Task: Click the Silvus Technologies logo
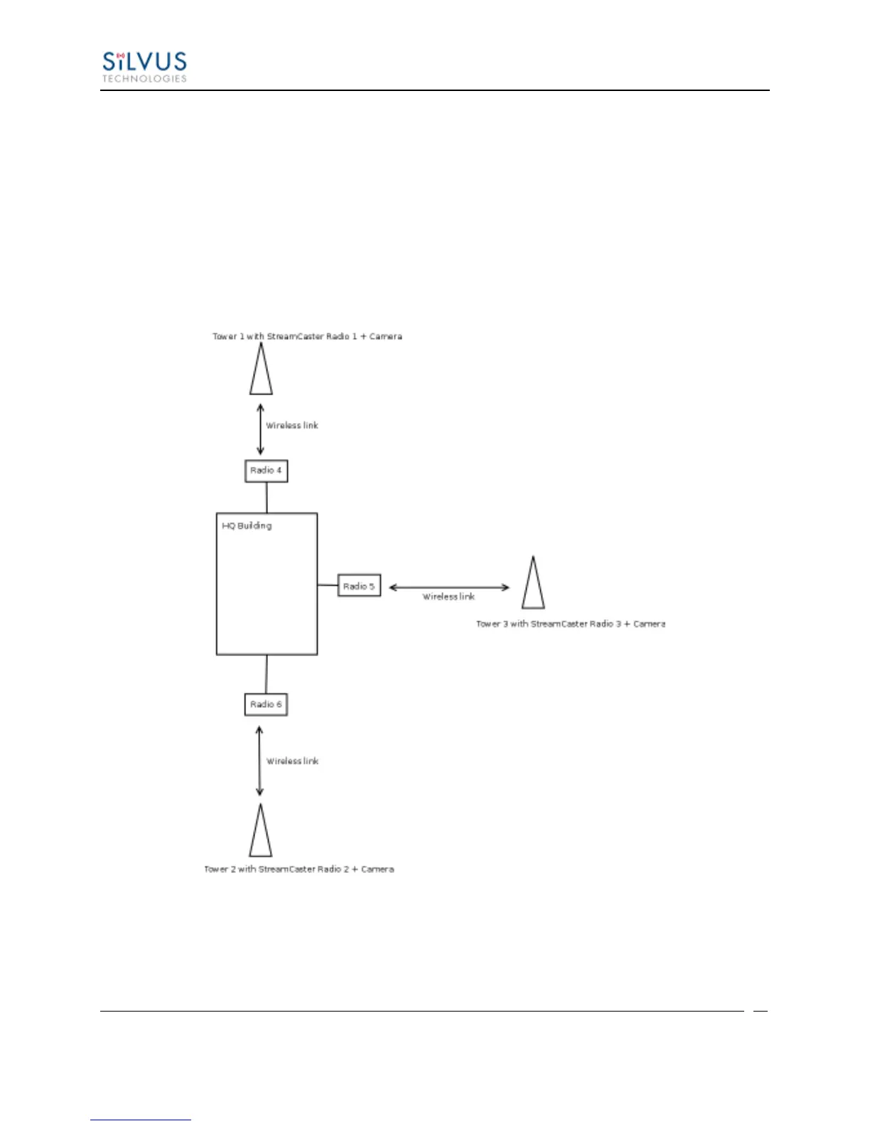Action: click(144, 67)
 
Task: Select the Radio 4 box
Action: click(267, 471)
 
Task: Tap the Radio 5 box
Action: click(359, 586)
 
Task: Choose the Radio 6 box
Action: click(266, 704)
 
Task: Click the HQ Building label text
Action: click(247, 526)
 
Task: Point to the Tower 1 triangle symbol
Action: click(261, 371)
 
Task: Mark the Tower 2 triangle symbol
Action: click(261, 832)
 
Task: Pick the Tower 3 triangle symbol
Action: click(533, 584)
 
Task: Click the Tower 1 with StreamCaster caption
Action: click(307, 336)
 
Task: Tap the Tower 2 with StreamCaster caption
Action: click(299, 869)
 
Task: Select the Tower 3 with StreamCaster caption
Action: click(570, 623)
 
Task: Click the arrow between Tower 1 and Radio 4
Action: click(260, 429)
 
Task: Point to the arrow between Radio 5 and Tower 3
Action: click(449, 587)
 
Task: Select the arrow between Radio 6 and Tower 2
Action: click(259, 761)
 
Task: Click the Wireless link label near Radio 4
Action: click(292, 426)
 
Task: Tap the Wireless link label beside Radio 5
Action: click(449, 597)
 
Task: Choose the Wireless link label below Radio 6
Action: click(293, 761)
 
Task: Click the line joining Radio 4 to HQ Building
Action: click(267, 498)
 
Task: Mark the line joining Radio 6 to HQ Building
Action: click(267, 674)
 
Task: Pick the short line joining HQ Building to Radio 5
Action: click(328, 585)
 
